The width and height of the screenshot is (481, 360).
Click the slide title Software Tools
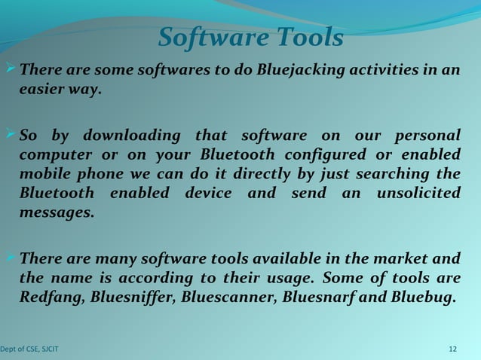click(251, 38)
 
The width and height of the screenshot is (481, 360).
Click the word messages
click(57, 212)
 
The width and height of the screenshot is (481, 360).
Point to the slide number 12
click(453, 349)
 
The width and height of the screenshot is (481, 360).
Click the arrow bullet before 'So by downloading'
click(10, 134)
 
